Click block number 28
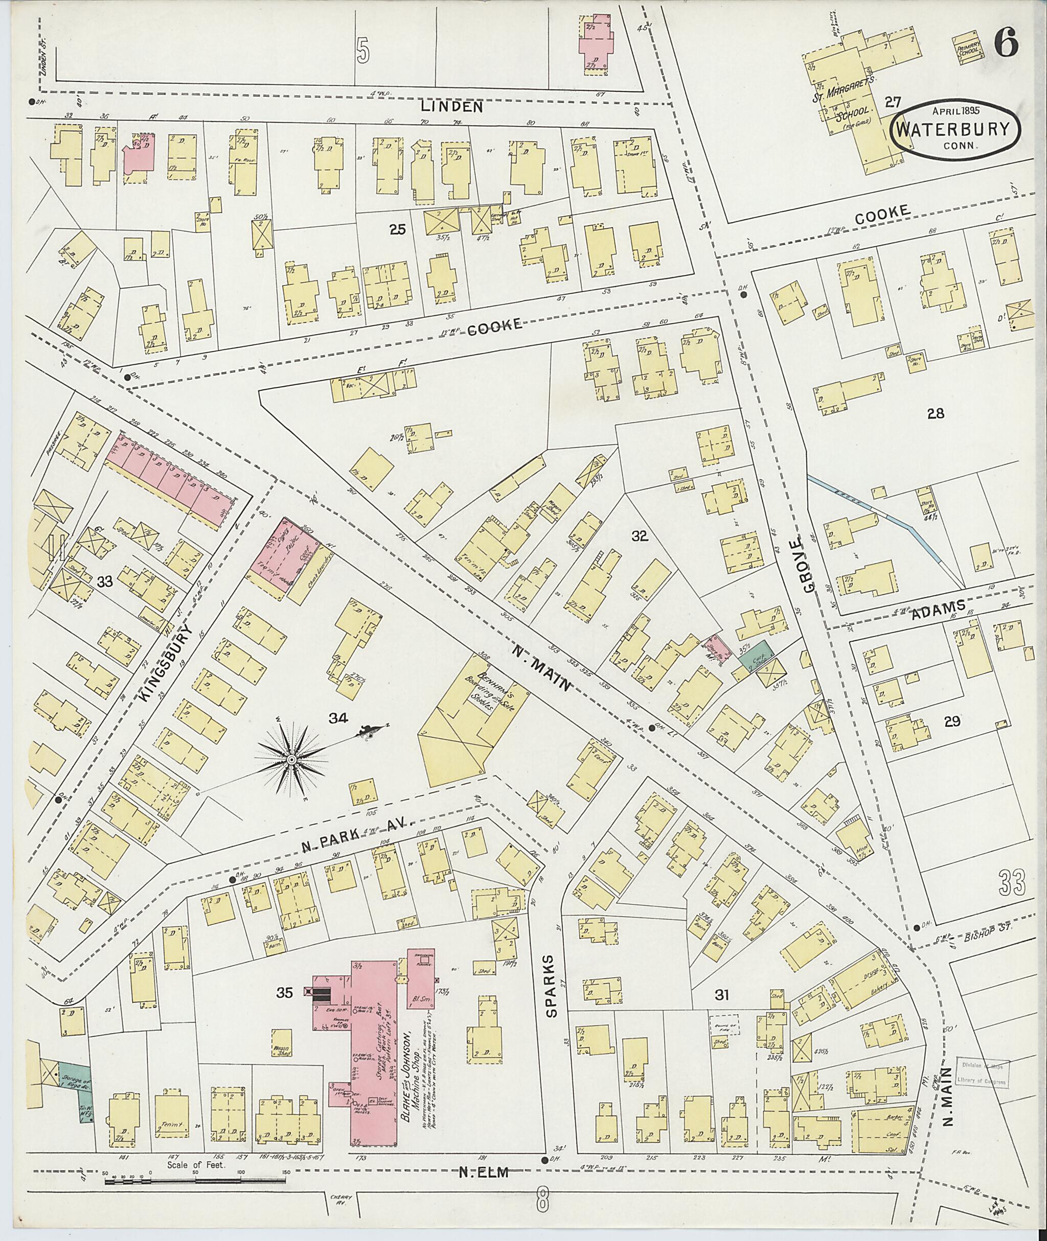[936, 413]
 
